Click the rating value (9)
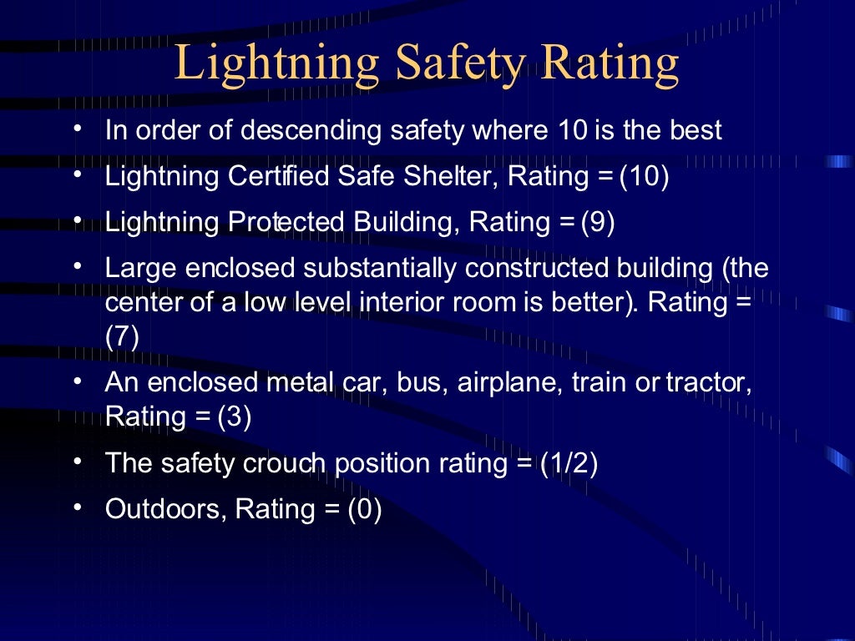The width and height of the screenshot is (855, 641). (598, 223)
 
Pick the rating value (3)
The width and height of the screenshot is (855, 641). (235, 416)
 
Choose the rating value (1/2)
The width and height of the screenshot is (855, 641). (569, 463)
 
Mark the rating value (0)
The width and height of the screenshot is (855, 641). (365, 508)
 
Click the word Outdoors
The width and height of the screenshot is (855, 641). (166, 508)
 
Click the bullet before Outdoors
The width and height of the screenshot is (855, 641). (77, 506)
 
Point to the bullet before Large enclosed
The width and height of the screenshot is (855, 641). (77, 266)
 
